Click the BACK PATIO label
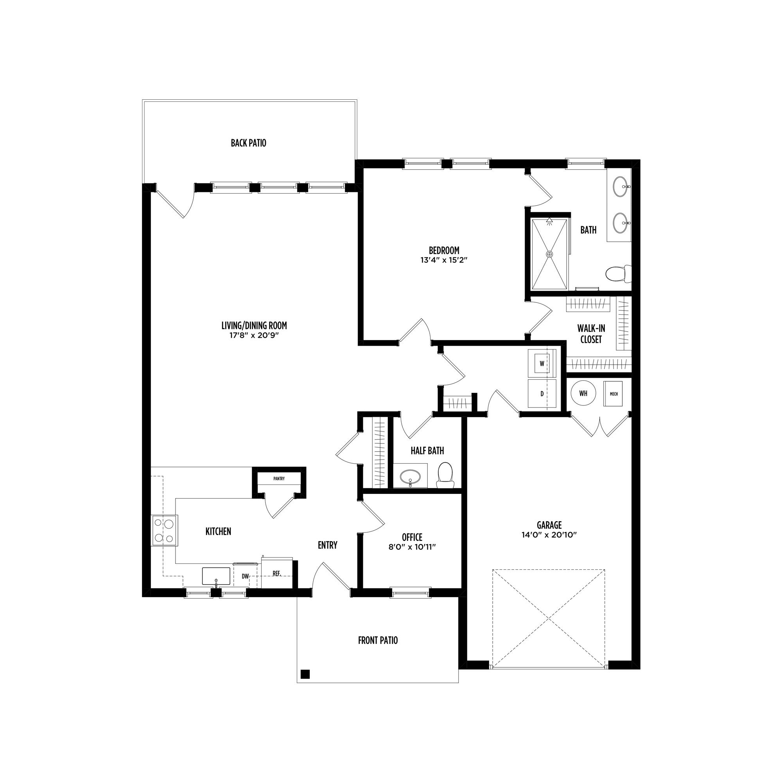coord(248,143)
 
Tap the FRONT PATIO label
coord(378,640)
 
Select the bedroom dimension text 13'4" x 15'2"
coord(444,260)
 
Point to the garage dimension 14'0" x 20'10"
coord(549,534)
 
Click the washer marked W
coord(542,364)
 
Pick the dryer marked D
coord(542,393)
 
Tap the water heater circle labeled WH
coord(583,393)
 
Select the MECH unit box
coord(613,393)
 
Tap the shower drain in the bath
coord(549,254)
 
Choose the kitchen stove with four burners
coord(164,530)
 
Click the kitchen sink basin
coord(216,576)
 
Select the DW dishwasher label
coord(245,576)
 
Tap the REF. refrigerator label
coord(277,574)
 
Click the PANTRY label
coord(279,479)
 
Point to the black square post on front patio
coord(305,674)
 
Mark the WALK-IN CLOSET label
coord(591,334)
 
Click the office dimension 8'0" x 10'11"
coord(412,547)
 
